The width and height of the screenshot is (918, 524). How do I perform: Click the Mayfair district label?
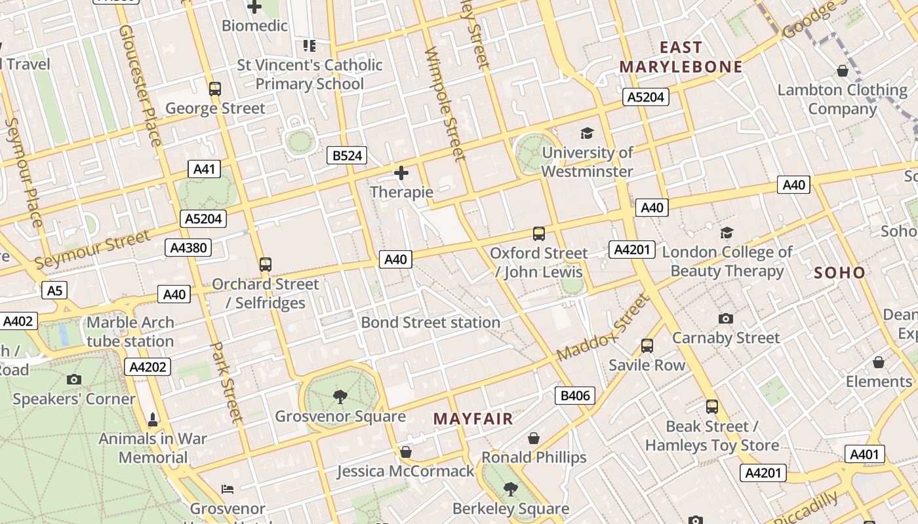(473, 419)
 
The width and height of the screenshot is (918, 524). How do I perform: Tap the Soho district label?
(839, 272)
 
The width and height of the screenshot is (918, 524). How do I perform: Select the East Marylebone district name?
(681, 57)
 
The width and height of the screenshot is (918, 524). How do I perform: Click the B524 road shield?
(346, 155)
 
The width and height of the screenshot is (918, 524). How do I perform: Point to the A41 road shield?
(205, 169)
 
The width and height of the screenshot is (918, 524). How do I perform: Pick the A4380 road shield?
(188, 247)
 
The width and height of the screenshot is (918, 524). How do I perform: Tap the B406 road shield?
(575, 395)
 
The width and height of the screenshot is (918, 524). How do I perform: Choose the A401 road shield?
(866, 454)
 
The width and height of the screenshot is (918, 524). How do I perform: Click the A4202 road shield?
(148, 367)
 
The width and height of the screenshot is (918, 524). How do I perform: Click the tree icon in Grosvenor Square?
(340, 396)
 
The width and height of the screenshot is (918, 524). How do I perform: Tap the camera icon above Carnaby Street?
(726, 318)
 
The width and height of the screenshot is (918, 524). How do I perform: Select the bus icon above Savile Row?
(647, 345)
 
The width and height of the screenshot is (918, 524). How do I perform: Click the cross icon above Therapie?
(401, 173)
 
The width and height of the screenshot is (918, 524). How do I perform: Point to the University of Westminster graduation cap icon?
(587, 133)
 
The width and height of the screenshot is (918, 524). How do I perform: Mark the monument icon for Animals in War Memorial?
(153, 419)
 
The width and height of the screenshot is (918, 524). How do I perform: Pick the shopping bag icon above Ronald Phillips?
(534, 438)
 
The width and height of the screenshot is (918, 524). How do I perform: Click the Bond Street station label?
(430, 322)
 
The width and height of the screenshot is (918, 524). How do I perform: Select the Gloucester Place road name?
(139, 85)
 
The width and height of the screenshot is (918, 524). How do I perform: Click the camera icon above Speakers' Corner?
(74, 379)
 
